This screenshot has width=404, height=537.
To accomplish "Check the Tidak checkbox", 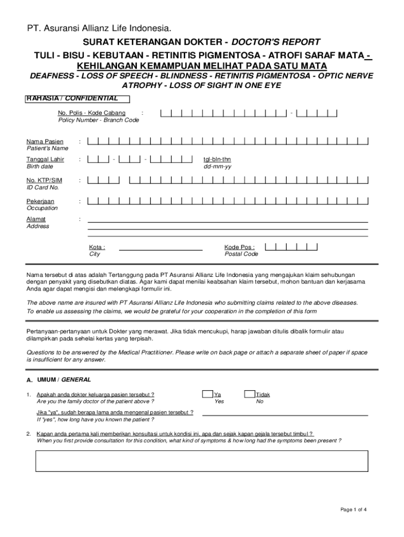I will point(250,394).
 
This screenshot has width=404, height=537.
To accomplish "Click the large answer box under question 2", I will point(202,460).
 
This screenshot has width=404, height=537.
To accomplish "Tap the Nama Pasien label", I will point(45,141).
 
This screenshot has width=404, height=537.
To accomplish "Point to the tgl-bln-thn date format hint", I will point(217,159).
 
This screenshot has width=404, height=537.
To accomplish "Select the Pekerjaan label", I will point(40,201).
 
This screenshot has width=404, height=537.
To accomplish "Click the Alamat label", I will point(36,219).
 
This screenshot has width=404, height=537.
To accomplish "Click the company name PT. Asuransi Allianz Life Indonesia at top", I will point(99,28).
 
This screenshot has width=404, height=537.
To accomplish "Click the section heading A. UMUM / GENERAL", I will point(59,379).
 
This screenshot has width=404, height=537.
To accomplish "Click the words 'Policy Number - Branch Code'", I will point(99,120).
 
